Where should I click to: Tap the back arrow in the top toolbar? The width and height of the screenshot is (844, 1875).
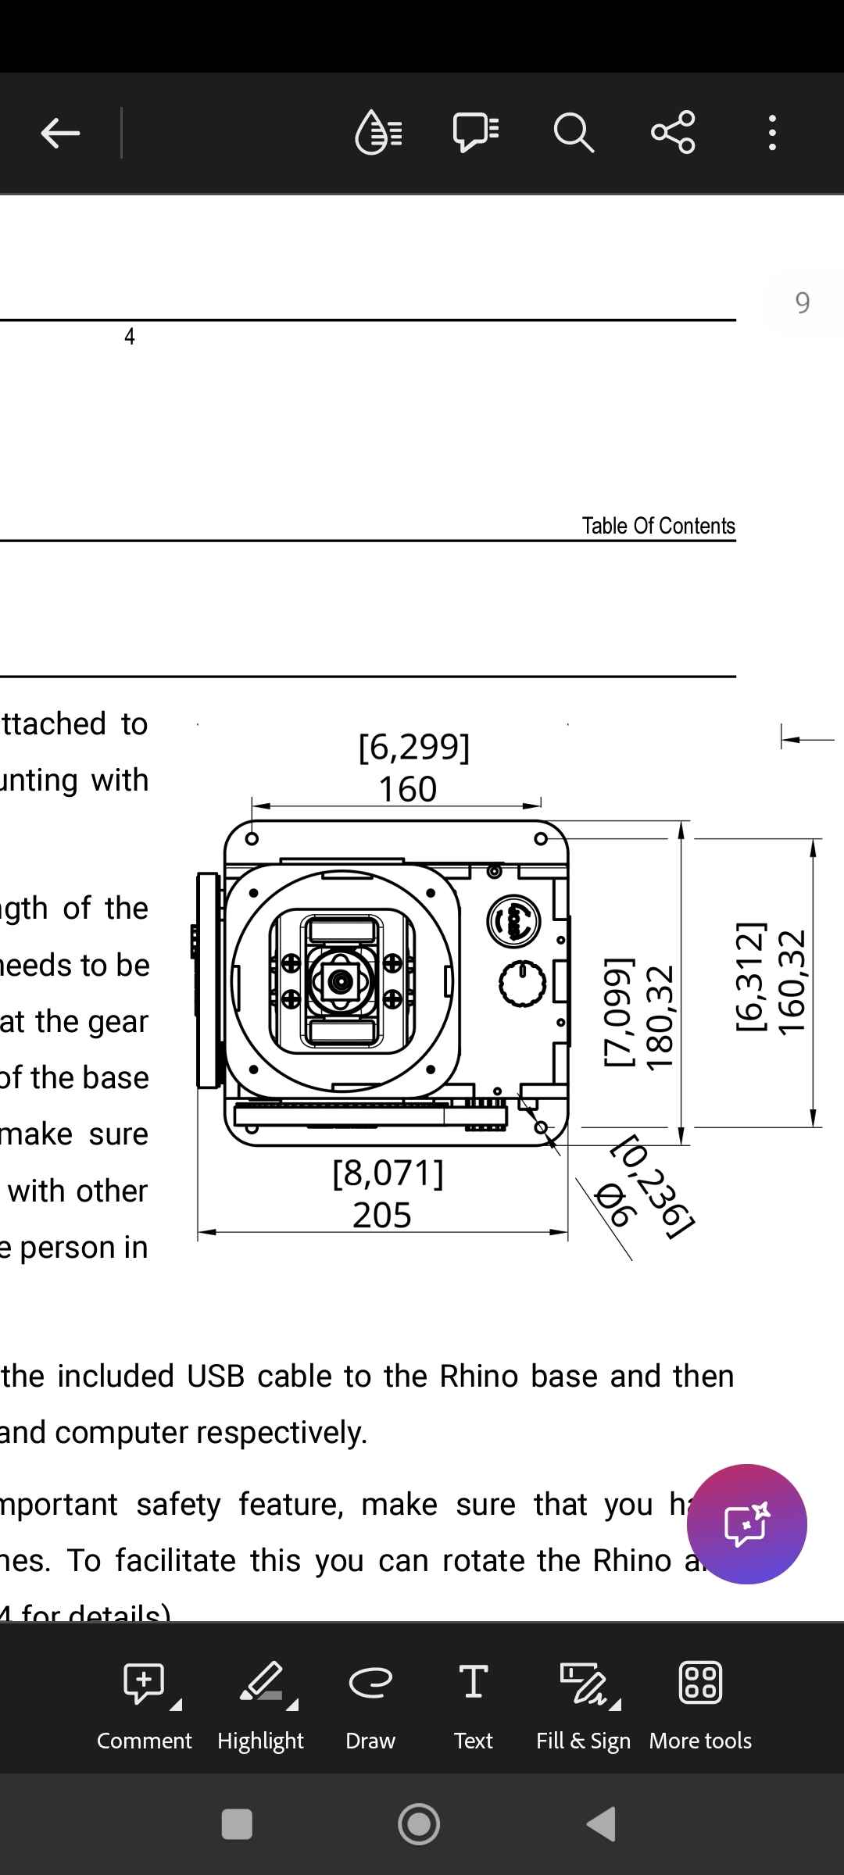tap(60, 133)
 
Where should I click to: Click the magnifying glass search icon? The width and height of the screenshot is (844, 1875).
tap(574, 133)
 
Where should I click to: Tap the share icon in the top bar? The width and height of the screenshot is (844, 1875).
tap(673, 132)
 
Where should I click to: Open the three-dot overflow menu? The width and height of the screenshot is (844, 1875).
tap(772, 133)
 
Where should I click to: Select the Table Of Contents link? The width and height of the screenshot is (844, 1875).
tap(658, 526)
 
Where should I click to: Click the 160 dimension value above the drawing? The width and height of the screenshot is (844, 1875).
tap(408, 789)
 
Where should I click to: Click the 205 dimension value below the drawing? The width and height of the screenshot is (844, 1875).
tap(382, 1215)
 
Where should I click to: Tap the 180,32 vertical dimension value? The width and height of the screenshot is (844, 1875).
tap(660, 1016)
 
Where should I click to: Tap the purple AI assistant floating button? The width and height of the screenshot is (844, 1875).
tap(746, 1523)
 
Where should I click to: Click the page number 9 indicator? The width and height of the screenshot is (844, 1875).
tap(803, 302)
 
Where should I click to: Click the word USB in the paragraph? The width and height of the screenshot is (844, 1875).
tap(215, 1376)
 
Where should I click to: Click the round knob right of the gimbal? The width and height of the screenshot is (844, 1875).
tap(522, 984)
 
